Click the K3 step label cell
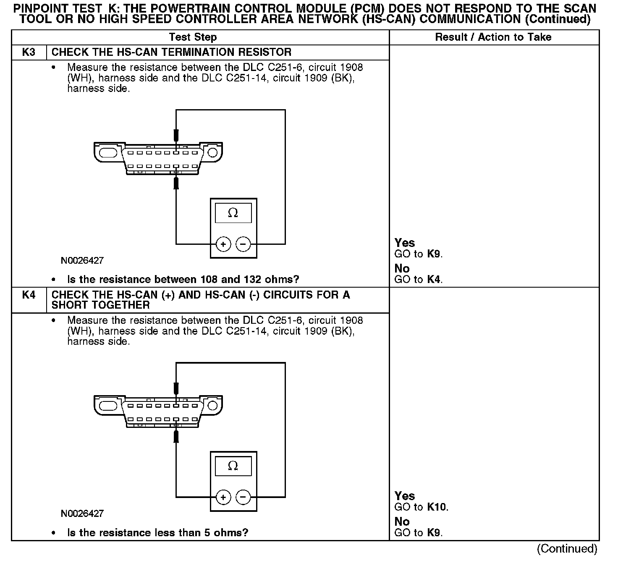29,52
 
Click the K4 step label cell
29,295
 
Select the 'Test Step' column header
193,37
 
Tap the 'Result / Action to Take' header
493,37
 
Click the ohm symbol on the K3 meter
233,213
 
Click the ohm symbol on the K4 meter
233,466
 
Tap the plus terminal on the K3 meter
223,244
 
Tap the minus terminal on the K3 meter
243,244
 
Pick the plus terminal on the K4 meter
223,498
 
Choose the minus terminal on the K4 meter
243,498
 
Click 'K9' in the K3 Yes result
434,254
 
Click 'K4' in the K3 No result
434,280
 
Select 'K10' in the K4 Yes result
437,507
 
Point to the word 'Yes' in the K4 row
404,496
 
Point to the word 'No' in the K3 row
402,269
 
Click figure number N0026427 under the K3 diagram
82,261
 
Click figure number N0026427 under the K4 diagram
82,514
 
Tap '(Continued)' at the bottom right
567,549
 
